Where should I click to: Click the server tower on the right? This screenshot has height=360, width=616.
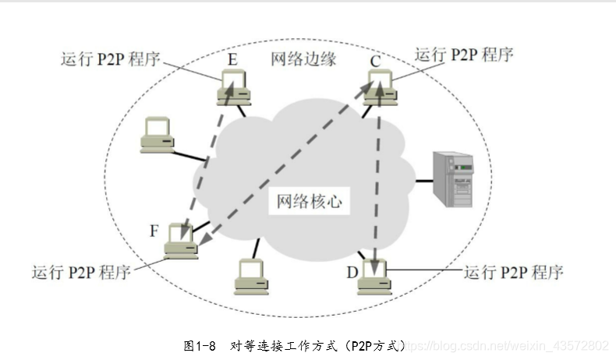tap(454, 179)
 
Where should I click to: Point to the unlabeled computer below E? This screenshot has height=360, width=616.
tap(157, 134)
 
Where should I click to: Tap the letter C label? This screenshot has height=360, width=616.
tap(375, 60)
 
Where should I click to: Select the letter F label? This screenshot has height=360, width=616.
tap(154, 231)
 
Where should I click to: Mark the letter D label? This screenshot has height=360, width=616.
tap(352, 273)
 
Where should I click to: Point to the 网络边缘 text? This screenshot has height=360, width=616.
tap(303, 59)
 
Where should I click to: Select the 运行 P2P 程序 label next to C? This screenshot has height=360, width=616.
tap(464, 55)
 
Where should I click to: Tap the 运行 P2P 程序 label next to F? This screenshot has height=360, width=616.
tap(81, 273)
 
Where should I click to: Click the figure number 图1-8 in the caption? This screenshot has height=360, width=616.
tap(204, 344)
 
